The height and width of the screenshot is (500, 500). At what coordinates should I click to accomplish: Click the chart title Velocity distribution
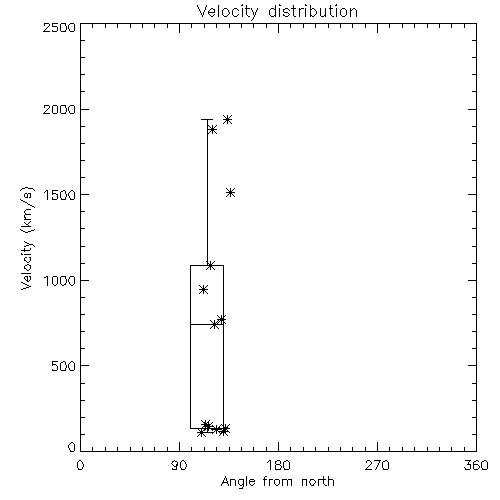277,12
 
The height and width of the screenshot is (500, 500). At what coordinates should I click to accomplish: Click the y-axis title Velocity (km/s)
27,238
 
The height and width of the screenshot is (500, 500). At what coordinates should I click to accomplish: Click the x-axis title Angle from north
277,482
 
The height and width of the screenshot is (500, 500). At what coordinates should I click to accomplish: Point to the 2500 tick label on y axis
59,27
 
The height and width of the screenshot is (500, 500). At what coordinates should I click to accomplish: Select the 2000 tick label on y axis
59,109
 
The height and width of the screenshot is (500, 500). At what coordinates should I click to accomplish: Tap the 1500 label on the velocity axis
60,195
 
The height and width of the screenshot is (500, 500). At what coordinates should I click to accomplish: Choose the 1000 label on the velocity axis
60,280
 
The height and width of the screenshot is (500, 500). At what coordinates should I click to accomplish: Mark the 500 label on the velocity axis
63,366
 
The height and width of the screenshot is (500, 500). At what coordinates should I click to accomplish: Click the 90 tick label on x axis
179,465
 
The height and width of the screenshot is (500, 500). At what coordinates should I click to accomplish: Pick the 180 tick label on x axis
278,465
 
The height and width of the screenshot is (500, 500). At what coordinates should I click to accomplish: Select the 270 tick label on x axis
377,465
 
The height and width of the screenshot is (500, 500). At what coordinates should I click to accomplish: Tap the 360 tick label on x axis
476,465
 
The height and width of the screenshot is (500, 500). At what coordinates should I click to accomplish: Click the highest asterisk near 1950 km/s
227,120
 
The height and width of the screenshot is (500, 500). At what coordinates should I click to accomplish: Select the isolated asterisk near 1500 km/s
230,193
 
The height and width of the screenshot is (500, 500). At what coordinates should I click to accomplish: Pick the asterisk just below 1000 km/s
203,290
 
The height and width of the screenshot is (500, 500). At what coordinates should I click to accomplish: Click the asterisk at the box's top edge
210,266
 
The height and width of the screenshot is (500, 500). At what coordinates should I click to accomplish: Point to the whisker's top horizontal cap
207,119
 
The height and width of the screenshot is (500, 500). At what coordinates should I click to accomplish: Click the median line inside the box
207,324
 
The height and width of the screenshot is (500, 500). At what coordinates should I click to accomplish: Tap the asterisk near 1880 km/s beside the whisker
212,129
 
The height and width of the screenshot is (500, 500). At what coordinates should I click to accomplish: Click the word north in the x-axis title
318,482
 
